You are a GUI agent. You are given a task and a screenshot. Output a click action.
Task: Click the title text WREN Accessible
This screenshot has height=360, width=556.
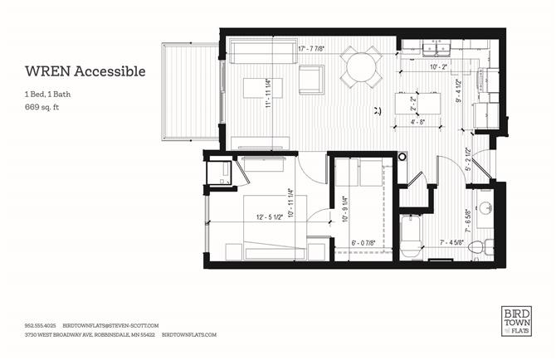tap(85, 71)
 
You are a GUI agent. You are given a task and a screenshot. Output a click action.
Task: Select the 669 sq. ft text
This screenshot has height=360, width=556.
tap(42, 108)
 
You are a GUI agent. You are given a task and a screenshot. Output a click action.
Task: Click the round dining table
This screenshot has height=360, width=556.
tap(362, 67)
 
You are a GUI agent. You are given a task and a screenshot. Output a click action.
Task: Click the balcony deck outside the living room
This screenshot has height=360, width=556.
tap(191, 91)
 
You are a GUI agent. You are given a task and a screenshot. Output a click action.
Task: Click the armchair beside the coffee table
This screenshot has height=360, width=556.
tap(311, 79)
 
